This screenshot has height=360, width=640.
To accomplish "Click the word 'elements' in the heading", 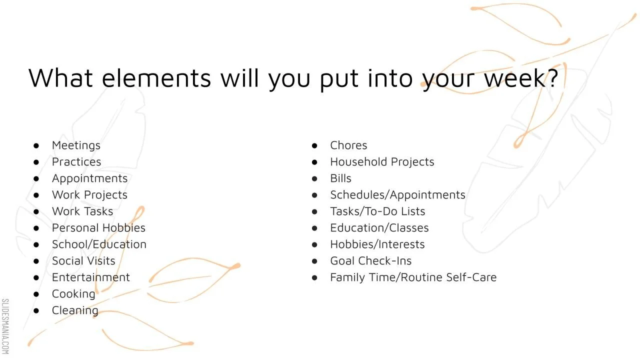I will [156, 78].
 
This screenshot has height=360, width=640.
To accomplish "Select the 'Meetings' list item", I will [76, 145].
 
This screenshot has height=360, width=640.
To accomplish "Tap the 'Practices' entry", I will [76, 161].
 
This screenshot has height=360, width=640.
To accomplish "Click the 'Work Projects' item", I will [89, 194].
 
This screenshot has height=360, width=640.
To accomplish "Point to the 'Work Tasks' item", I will [82, 211].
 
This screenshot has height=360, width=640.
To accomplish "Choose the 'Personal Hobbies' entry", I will [98, 227].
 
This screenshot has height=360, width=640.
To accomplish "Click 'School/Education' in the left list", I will [99, 244].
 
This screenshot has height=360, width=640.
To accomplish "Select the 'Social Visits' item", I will [83, 260].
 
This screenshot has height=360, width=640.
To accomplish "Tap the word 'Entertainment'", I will [90, 277].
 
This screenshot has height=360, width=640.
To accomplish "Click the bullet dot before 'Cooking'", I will [36, 294].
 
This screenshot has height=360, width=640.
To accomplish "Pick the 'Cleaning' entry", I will [75, 310].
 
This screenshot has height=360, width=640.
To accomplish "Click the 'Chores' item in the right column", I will [348, 145].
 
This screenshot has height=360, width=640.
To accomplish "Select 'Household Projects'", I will [382, 161].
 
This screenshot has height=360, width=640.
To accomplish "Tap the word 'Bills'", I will [340, 178].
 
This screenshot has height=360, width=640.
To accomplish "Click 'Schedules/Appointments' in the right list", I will [397, 194].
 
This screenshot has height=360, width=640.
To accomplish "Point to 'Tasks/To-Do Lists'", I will [377, 211].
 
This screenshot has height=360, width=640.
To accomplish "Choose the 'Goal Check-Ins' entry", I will [370, 260].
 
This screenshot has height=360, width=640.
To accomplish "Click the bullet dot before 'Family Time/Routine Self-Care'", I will [314, 277].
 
